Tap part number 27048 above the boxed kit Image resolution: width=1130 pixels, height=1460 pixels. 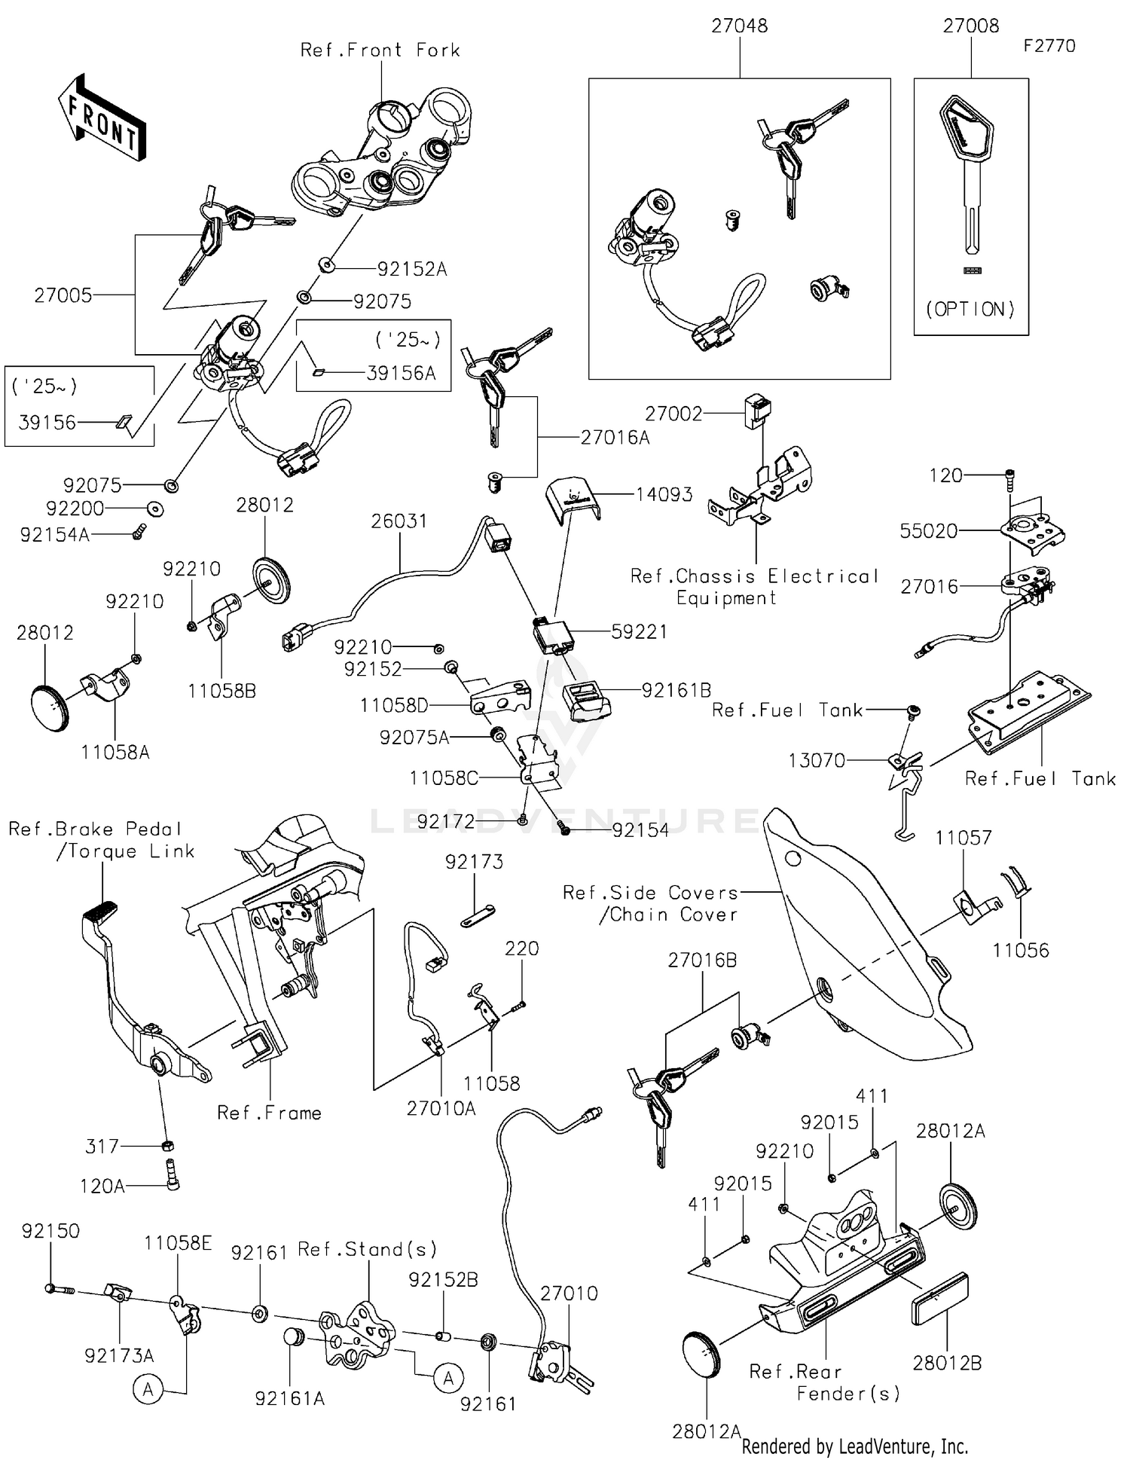tap(739, 26)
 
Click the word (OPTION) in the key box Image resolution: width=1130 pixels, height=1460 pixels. tap(970, 309)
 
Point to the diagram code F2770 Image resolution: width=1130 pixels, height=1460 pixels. tap(1049, 46)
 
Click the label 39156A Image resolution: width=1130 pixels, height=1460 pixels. tap(401, 373)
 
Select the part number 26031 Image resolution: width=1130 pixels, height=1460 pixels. tap(399, 521)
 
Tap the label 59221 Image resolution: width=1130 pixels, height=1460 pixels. tap(639, 632)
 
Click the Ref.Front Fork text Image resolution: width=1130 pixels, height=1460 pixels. tap(380, 50)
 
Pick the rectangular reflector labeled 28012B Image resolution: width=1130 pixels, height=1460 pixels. tap(939, 1299)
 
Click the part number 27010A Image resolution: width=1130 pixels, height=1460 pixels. tap(441, 1108)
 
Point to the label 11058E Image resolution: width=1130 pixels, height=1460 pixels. tap(178, 1243)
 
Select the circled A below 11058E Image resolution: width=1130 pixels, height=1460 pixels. tap(148, 1389)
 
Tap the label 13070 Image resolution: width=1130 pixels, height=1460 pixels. tap(817, 761)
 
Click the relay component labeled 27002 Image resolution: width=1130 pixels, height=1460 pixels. tap(757, 410)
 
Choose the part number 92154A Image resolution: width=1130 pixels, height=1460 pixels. tap(54, 535)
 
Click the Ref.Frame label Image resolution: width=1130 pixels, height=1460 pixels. tap(269, 1113)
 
